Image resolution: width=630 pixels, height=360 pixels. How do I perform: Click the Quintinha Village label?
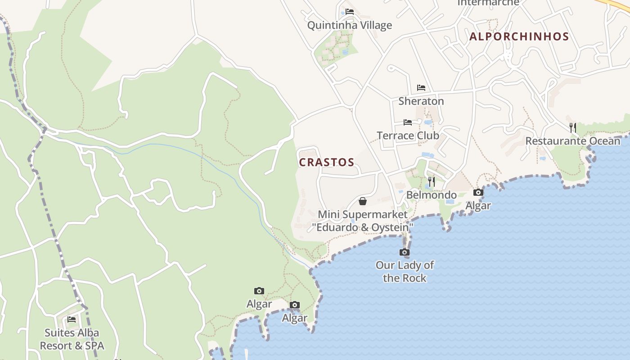tap(349, 25)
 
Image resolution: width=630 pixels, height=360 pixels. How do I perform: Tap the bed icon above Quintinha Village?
tap(350, 12)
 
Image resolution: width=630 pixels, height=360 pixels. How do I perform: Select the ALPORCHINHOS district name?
tap(519, 37)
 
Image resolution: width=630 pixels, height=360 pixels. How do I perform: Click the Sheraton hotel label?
tap(421, 101)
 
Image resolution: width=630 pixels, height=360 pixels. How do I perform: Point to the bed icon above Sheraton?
tap(421, 88)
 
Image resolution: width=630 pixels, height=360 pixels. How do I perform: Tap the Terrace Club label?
tap(408, 135)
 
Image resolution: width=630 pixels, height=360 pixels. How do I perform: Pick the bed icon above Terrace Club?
tap(408, 122)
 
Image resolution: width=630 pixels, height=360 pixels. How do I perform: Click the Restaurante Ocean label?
tap(572, 141)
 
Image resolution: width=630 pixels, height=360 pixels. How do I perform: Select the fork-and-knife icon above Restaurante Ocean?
tap(572, 128)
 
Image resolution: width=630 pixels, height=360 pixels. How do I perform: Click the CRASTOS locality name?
tap(327, 162)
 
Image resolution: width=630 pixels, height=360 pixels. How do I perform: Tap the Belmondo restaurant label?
tap(431, 195)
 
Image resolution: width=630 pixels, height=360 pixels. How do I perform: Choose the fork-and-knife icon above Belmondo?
tap(431, 182)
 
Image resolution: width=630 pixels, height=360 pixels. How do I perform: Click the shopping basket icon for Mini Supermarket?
tap(363, 201)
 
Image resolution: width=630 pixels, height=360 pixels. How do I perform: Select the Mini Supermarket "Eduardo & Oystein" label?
tap(363, 221)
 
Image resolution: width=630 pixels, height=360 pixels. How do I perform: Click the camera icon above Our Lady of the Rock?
tap(405, 252)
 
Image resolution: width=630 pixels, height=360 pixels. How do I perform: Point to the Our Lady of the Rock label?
tap(405, 271)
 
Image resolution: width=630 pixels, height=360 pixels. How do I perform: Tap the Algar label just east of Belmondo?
tap(478, 206)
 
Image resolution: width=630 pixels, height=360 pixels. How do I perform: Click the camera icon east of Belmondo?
tap(478, 193)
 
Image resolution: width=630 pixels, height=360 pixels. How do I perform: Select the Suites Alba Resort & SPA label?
tap(72, 339)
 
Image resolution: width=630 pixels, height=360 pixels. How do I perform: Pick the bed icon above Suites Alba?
tap(72, 319)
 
